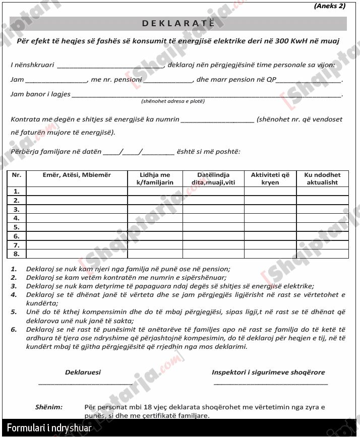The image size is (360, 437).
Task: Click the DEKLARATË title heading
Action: (x=178, y=23)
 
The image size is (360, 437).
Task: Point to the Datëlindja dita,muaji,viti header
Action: (x=213, y=178)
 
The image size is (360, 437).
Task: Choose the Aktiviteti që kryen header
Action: (x=270, y=178)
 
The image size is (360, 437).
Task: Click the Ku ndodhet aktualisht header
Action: (x=322, y=178)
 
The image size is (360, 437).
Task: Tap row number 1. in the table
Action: (x=17, y=191)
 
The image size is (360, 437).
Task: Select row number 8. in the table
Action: (x=17, y=254)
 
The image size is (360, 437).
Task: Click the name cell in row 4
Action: (x=77, y=218)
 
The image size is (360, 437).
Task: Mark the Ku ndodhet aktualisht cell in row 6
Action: (x=322, y=236)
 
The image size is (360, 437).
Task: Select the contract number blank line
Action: (x=217, y=120)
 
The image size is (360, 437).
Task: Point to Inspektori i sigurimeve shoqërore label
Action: (x=268, y=372)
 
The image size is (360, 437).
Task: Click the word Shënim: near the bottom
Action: (x=49, y=407)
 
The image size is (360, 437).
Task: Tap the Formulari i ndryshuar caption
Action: (x=49, y=428)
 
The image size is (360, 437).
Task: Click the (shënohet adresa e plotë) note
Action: (x=173, y=101)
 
